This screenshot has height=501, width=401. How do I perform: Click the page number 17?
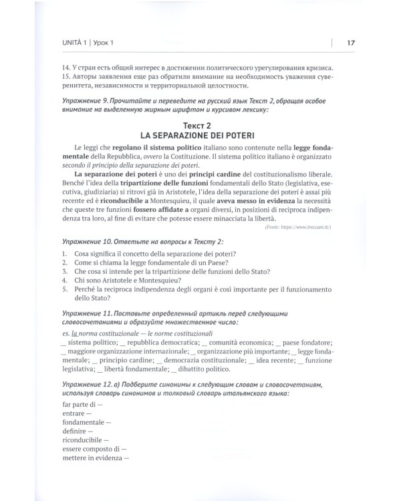(x=351, y=44)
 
